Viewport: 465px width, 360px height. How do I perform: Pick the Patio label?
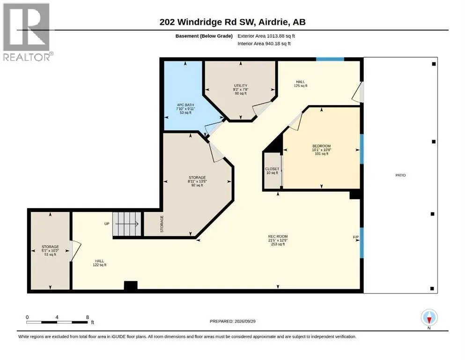point(400,175)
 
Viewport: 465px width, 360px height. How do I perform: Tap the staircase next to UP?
point(126,224)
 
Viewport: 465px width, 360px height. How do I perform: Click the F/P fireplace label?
point(356,237)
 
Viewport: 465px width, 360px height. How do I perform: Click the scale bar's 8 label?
point(88,317)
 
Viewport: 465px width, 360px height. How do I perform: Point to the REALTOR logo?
point(27,32)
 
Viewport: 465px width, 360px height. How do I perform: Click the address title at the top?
point(232,22)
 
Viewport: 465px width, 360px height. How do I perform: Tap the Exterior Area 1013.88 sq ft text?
point(266,36)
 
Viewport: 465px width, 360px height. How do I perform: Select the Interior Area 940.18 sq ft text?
point(264,43)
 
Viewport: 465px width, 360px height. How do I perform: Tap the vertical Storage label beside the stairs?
point(162,224)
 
